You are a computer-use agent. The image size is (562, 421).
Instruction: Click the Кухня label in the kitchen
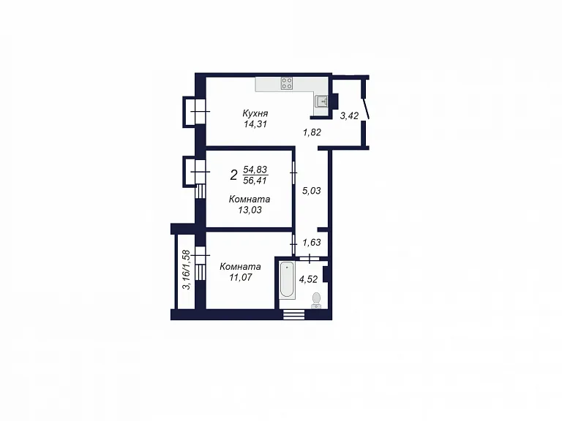click(255, 113)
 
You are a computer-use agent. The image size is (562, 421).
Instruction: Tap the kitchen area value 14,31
click(255, 124)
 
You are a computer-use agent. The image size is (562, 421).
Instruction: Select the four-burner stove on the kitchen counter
click(286, 83)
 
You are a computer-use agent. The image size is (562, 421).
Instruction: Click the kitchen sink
click(321, 102)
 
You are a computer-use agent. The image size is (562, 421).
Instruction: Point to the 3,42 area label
click(349, 115)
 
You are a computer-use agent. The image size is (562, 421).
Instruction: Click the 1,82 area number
click(312, 132)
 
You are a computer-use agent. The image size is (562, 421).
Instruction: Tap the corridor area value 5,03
click(312, 191)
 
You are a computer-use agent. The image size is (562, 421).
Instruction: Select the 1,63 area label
click(312, 243)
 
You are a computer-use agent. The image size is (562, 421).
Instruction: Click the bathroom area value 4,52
click(308, 279)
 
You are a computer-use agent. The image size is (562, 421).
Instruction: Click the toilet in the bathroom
click(316, 300)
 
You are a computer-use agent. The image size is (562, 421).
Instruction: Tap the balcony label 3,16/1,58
click(186, 270)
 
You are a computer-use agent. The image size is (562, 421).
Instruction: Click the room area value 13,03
click(250, 210)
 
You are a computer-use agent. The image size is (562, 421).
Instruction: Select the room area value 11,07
click(241, 277)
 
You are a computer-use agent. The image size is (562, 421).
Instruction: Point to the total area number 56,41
click(255, 181)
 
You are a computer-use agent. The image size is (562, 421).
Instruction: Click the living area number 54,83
click(255, 169)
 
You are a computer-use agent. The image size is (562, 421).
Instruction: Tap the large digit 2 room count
click(233, 175)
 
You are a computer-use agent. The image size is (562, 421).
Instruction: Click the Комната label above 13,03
click(250, 199)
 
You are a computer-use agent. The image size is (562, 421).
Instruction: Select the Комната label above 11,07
click(240, 267)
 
